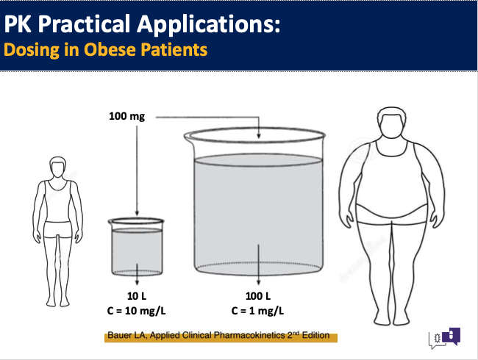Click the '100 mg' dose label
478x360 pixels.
click(126, 116)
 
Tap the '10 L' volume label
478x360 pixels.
click(137, 296)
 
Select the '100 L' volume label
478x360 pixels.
click(258, 296)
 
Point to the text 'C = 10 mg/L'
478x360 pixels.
click(136, 311)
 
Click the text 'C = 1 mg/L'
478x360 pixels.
click(257, 311)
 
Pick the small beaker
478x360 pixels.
click(136, 247)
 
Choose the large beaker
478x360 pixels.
click(255, 201)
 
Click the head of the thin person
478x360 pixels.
click(57, 167)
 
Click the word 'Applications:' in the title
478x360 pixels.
click(209, 24)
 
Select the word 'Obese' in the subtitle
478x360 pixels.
click(110, 49)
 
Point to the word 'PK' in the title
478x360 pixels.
click(18, 24)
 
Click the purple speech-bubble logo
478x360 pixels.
click(452, 336)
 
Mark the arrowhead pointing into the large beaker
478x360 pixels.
click(259, 136)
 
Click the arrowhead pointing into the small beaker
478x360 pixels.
click(137, 213)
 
